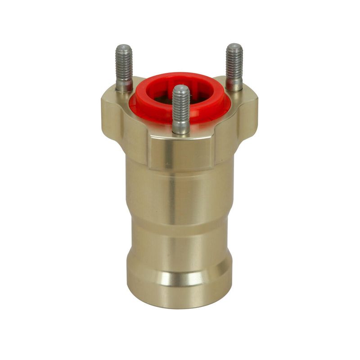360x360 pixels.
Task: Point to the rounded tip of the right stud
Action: [x=234, y=46]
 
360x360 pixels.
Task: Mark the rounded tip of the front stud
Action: [x=181, y=88]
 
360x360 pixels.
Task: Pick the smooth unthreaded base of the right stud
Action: [x=234, y=84]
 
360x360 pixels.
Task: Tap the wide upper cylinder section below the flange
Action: [x=180, y=189]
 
